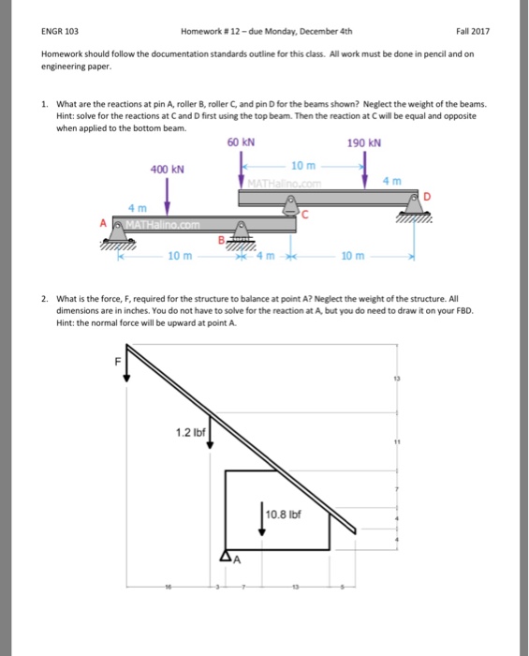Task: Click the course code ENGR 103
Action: tap(57, 31)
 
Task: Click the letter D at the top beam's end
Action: tap(427, 196)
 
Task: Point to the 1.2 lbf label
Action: tap(190, 431)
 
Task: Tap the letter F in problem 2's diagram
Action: tap(117, 357)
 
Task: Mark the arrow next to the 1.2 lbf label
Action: tap(213, 434)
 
